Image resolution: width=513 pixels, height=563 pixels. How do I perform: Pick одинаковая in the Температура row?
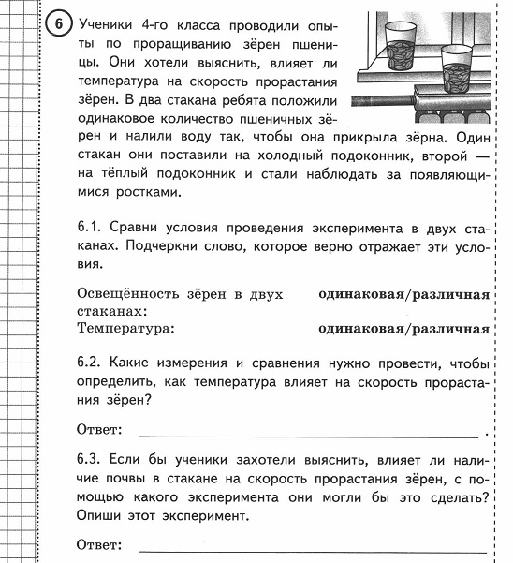pyautogui.click(x=359, y=329)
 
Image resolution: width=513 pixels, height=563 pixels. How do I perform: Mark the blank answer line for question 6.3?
pyautogui.click(x=313, y=547)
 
